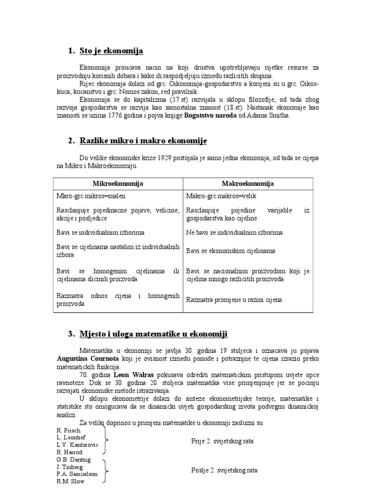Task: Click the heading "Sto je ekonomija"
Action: click(x=111, y=51)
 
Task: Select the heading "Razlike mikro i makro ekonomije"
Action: click(x=143, y=141)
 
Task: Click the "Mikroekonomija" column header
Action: click(x=118, y=183)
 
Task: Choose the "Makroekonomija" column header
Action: click(x=248, y=183)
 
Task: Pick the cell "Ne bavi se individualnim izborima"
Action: click(x=235, y=232)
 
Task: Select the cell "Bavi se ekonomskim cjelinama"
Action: click(x=231, y=251)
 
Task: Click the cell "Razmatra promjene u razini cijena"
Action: click(x=234, y=299)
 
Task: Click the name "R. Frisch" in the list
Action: click(x=69, y=430)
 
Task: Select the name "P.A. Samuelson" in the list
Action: click(x=77, y=474)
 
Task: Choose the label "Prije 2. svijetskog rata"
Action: click(x=223, y=441)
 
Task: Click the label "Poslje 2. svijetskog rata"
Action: click(x=224, y=470)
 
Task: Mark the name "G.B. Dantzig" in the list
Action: click(x=74, y=460)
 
